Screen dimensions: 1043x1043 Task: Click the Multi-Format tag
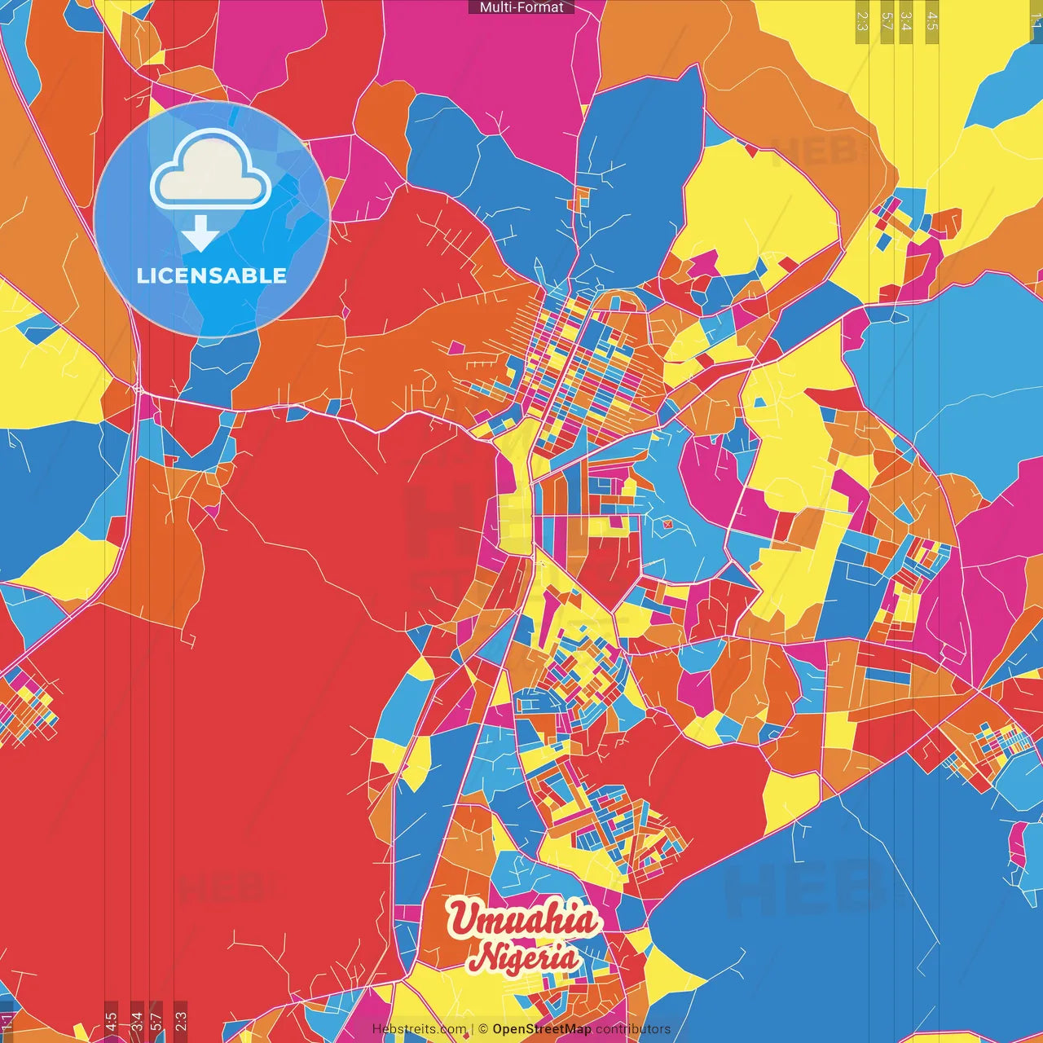point(521,7)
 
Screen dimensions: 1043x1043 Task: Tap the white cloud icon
point(211,173)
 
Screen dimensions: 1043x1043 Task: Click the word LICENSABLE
point(212,275)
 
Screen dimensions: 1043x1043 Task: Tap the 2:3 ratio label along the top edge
point(862,21)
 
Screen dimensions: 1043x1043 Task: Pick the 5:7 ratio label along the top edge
point(887,21)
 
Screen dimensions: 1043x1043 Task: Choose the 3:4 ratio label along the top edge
point(906,21)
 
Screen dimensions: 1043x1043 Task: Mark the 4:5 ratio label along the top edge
point(931,21)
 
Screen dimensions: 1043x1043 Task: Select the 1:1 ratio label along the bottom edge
point(7,1022)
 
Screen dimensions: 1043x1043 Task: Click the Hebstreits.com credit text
point(419,1029)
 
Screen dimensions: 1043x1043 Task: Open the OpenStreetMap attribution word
point(541,1029)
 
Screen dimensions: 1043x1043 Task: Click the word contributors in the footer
point(632,1029)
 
